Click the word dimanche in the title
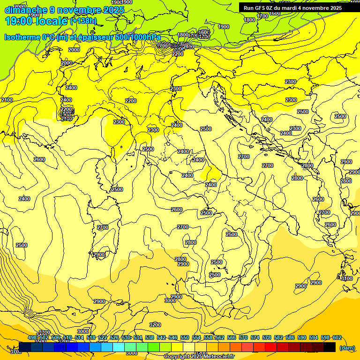click(26, 10)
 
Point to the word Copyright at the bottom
click(177, 356)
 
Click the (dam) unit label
click(347, 348)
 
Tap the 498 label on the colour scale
click(32, 338)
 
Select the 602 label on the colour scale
click(337, 338)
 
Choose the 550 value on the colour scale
click(185, 338)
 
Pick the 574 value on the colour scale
click(255, 338)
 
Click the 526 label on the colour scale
click(114, 338)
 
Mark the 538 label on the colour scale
click(150, 338)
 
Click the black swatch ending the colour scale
click(330, 347)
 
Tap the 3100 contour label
click(347, 278)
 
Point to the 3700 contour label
click(15, 351)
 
